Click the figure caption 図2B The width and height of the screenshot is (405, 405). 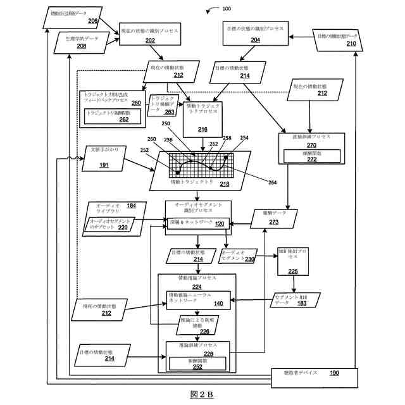point(202,396)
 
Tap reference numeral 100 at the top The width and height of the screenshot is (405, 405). point(226,9)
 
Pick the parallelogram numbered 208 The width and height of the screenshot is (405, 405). point(82,42)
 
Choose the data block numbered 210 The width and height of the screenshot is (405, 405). point(335,40)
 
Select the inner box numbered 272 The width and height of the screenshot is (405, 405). point(311,156)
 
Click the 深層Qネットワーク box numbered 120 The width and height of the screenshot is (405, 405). point(197,224)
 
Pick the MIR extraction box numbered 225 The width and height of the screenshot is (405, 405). point(293,262)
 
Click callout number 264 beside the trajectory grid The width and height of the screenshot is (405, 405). point(271,183)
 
